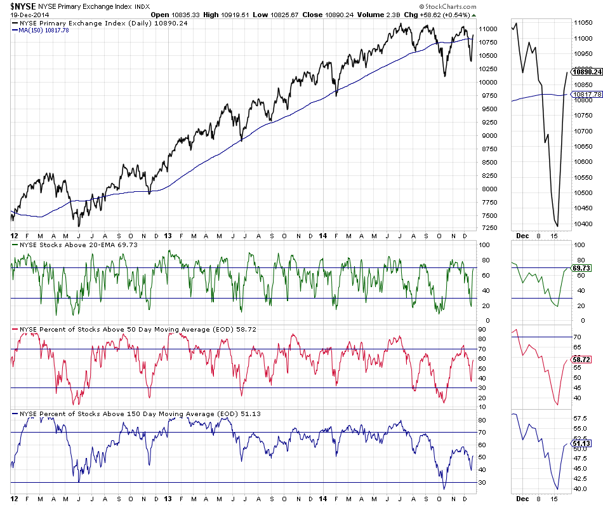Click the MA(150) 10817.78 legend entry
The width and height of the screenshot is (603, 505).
click(44, 30)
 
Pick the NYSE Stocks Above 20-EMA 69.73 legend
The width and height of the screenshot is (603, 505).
click(70, 244)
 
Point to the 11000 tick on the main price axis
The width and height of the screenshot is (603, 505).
click(487, 29)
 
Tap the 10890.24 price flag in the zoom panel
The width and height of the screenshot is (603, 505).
click(586, 72)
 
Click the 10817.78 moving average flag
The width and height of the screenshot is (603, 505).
click(586, 95)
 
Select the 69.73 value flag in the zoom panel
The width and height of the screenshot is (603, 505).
click(582, 268)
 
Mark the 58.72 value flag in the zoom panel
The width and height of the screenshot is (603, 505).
click(582, 359)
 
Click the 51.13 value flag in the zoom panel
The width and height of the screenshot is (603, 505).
click(582, 443)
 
